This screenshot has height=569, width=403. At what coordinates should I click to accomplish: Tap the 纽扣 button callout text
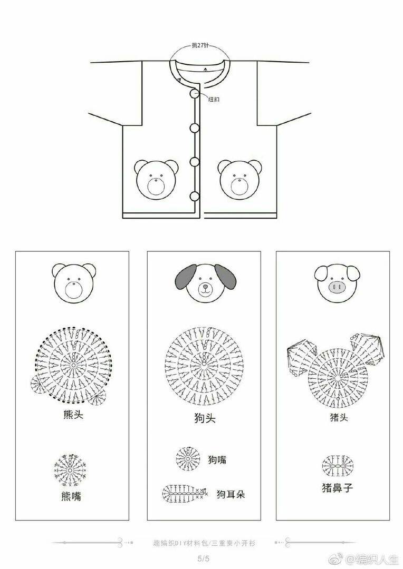tap(214, 100)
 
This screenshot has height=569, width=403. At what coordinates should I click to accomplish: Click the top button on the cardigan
tap(194, 93)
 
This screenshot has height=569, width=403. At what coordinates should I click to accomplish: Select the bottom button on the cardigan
tap(195, 197)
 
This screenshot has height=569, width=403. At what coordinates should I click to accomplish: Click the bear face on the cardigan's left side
tap(157, 179)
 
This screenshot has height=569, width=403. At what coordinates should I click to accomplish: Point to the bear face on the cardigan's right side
tap(240, 179)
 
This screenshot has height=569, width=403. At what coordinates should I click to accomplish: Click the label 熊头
tap(73, 415)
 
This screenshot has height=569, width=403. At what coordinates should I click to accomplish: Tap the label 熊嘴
tap(71, 496)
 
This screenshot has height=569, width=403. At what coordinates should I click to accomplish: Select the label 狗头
tap(205, 418)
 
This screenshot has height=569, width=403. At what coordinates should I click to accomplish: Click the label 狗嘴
tap(217, 460)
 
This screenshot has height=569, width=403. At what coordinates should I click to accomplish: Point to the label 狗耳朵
tap(231, 494)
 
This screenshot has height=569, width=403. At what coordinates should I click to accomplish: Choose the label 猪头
tap(339, 417)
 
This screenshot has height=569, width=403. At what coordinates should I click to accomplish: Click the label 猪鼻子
tap(337, 487)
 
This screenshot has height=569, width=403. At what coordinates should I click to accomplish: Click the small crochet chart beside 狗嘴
tap(188, 459)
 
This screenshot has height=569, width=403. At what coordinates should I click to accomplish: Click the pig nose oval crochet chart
tap(338, 466)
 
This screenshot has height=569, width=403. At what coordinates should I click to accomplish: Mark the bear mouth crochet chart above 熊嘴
tap(71, 469)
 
